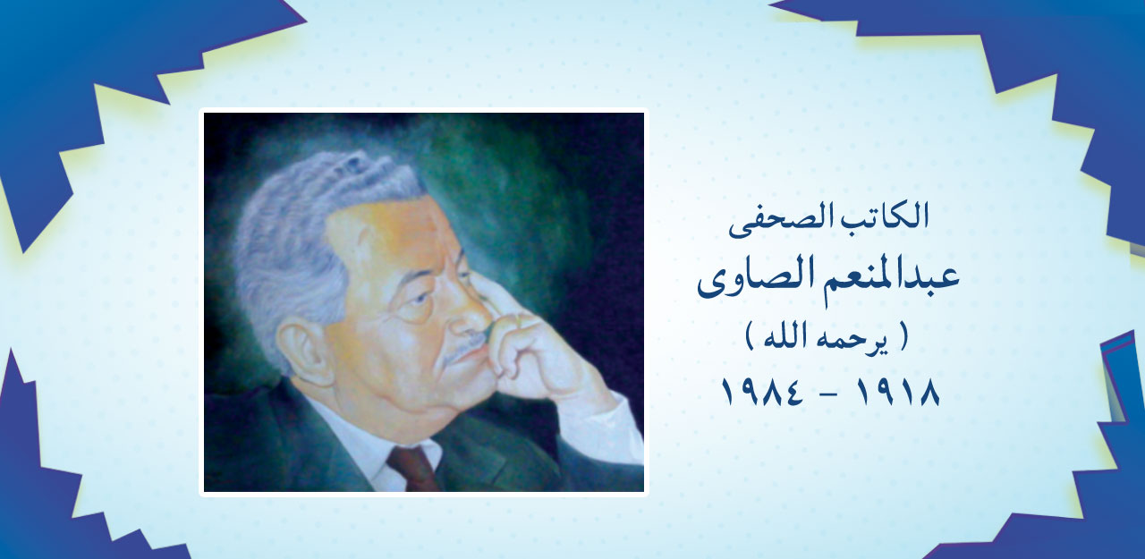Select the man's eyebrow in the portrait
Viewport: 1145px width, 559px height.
tap(420, 273)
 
